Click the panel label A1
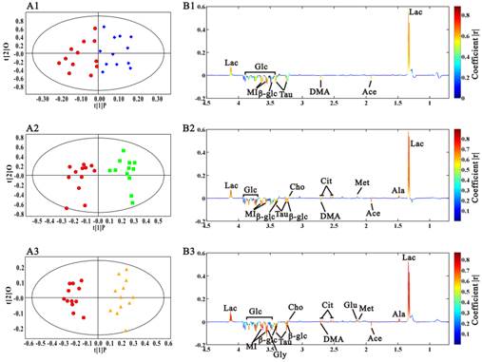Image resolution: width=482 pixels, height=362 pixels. click(12, 8)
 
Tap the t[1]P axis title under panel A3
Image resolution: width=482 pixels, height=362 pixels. click(100, 357)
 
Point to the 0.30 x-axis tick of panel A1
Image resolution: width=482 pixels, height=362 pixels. click(157, 98)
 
